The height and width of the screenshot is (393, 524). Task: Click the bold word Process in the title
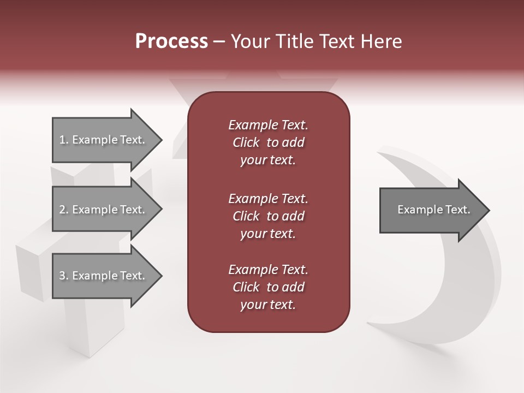[171, 41]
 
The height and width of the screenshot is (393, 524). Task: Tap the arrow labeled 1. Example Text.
[102, 140]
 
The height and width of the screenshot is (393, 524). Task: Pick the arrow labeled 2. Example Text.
[102, 210]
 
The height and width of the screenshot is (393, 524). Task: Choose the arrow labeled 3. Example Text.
[102, 276]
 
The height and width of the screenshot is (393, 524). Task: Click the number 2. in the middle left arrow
[64, 210]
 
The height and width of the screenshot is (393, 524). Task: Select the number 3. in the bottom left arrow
[64, 276]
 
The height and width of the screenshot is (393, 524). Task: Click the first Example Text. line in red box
[268, 125]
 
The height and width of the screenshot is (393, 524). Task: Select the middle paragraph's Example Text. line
[268, 198]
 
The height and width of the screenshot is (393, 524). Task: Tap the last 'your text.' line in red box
[268, 305]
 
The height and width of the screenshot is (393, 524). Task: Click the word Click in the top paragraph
[246, 142]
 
